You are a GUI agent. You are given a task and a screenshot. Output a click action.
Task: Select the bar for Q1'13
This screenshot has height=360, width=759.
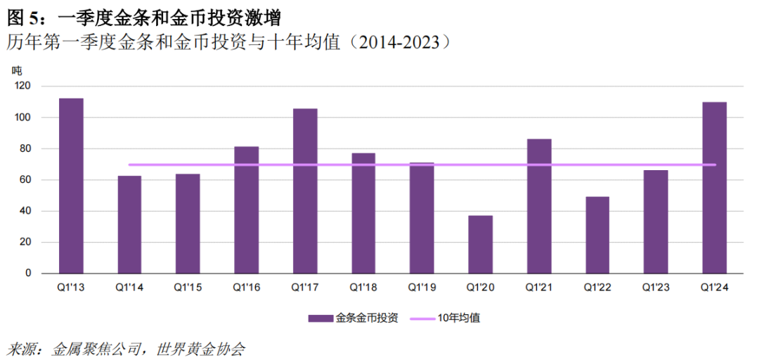(x=71, y=186)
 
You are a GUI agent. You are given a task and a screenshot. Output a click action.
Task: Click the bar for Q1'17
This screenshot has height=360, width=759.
(x=305, y=191)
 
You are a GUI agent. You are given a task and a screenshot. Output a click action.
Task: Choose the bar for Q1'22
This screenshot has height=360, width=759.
(x=597, y=235)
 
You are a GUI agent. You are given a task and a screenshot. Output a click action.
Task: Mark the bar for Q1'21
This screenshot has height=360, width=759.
(x=539, y=206)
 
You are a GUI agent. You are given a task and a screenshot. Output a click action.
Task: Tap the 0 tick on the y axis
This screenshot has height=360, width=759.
(x=28, y=274)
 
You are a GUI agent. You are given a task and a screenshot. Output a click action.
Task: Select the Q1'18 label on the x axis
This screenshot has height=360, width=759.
(x=363, y=288)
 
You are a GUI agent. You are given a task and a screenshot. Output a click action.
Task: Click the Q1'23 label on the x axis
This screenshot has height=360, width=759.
(x=656, y=288)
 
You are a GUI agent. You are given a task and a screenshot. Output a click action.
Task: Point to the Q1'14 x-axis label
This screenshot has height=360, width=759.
(x=129, y=288)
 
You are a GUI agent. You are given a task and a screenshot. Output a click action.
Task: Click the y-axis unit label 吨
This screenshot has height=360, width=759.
(x=17, y=70)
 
